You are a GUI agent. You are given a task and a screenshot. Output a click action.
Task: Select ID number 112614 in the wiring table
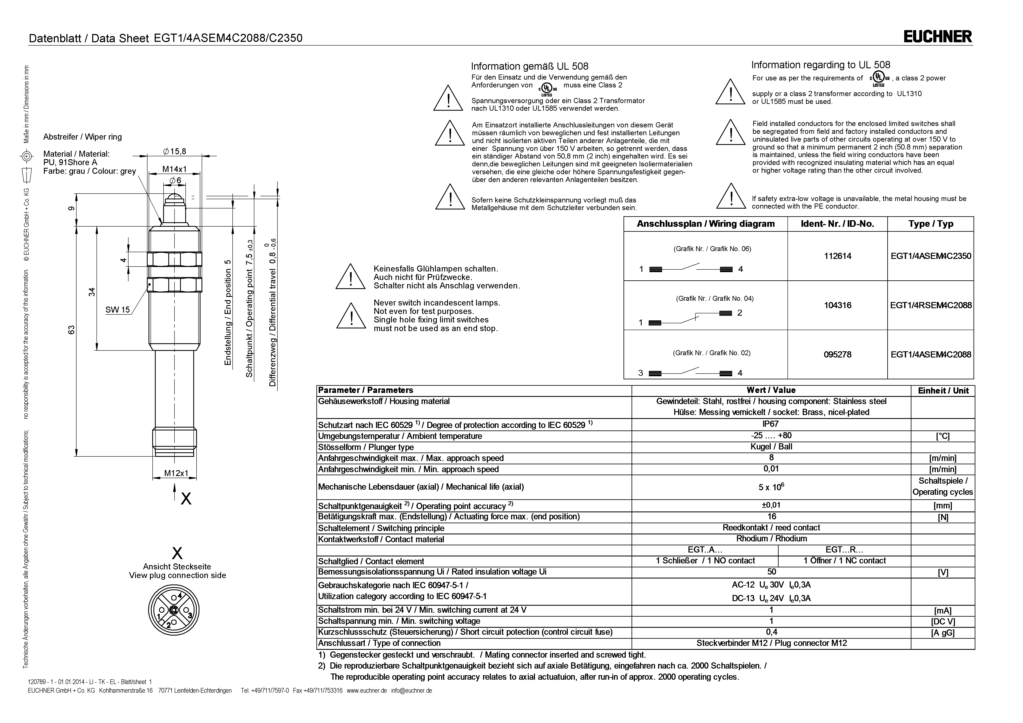pos(838,256)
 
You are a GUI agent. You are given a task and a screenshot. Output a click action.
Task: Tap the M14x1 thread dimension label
pos(174,169)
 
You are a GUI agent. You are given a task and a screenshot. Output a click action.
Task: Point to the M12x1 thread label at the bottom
pos(176,473)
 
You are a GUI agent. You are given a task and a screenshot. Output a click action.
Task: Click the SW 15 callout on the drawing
pos(118,310)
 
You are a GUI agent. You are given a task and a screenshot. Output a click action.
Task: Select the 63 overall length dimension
pos(71,330)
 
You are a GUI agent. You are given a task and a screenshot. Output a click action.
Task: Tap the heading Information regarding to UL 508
pos(821,65)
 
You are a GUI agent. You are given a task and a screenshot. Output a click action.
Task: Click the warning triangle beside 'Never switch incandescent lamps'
pos(351,316)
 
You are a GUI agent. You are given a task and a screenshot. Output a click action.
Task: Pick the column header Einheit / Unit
pos(943,391)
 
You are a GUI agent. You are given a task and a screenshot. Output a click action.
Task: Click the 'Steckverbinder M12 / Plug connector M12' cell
pos(771,643)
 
